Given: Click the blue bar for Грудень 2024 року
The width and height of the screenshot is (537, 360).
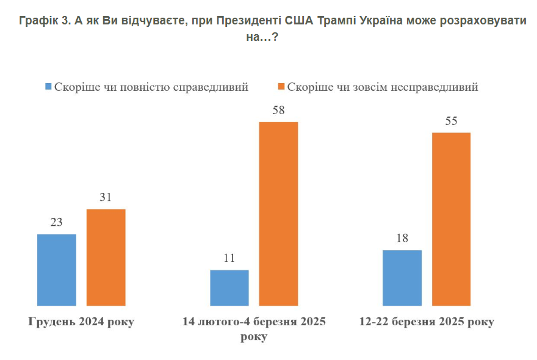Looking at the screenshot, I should tap(57, 269).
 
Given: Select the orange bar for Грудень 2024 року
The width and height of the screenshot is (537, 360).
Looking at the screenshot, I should tap(106, 257).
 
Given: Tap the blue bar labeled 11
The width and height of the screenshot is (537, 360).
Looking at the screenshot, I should tap(229, 287).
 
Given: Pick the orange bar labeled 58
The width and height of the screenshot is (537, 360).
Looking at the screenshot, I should tap(279, 213).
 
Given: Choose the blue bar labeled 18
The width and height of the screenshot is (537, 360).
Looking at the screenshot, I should tap(402, 277).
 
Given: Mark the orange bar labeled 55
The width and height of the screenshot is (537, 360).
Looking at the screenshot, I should tap(452, 218).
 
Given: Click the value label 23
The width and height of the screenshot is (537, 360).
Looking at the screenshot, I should tap(57, 222).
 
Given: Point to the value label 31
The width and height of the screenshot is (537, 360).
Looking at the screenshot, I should tap(106, 198).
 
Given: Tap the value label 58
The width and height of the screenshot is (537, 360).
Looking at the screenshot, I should tap(279, 110).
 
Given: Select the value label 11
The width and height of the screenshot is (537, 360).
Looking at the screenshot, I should tap(229, 258).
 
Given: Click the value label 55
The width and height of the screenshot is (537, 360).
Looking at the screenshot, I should tap(452, 121).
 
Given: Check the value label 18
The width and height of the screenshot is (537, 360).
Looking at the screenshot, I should tap(402, 239).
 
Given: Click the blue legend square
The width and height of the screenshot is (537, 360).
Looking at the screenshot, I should tap(48, 87).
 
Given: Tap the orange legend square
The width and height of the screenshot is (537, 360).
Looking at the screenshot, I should tap(281, 87).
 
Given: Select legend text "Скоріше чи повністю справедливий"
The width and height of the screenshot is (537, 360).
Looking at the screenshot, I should tap(151, 87).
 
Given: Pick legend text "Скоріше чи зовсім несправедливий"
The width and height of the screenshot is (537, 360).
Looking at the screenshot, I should tap(383, 87).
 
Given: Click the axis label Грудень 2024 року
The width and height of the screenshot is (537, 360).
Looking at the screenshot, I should tap(81, 322).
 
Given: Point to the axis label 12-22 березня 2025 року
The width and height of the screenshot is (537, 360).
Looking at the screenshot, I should tap(427, 322).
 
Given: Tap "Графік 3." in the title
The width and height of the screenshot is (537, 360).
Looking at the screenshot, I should tap(46, 21).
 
